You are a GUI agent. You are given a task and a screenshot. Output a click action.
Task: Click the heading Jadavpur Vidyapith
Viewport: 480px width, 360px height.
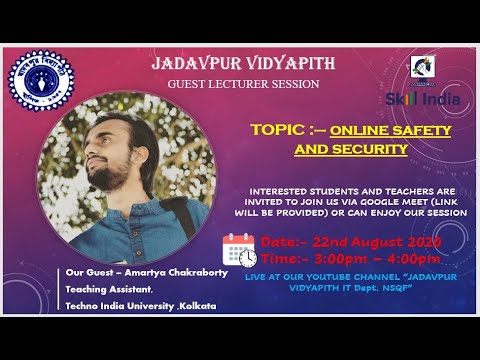[243, 64]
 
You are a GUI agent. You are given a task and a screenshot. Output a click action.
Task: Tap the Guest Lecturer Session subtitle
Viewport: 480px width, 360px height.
[243, 84]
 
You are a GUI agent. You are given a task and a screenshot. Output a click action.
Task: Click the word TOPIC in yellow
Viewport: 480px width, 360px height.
[279, 130]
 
